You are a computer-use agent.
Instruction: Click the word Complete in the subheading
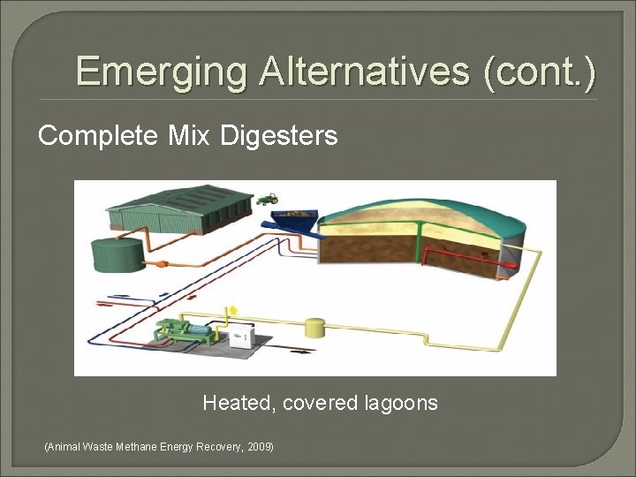click(97, 136)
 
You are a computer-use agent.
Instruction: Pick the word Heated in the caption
click(236, 404)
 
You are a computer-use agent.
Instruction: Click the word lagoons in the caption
click(400, 404)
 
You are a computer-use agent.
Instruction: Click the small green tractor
click(268, 199)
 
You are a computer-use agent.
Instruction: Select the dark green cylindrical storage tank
click(117, 254)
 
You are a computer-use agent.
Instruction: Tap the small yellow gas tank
click(315, 328)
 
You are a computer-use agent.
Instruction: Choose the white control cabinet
click(243, 337)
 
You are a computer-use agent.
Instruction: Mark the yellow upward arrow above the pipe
click(232, 311)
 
